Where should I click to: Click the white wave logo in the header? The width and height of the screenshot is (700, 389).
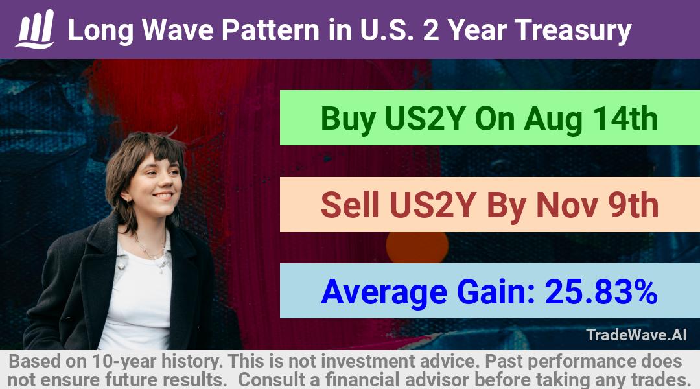pyautogui.click(x=35, y=29)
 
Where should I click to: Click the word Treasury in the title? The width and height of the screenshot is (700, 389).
pyautogui.click(x=573, y=31)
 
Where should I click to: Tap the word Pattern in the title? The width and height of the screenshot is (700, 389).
pyautogui.click(x=270, y=30)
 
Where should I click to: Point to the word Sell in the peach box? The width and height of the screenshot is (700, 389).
pyautogui.click(x=349, y=205)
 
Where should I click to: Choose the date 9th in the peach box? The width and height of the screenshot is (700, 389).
pyautogui.click(x=633, y=205)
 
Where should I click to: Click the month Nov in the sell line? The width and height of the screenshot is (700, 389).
pyautogui.click(x=567, y=206)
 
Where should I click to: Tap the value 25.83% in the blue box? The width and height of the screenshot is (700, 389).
pyautogui.click(x=601, y=292)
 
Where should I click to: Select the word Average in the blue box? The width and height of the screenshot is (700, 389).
pyautogui.click(x=384, y=293)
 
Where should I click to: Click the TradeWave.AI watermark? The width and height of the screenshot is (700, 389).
pyautogui.click(x=636, y=335)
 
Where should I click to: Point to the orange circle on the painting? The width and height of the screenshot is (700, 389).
pyautogui.click(x=417, y=247)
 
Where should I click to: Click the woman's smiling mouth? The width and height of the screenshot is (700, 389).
pyautogui.click(x=163, y=196)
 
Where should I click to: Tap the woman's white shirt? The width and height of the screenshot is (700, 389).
pyautogui.click(x=139, y=300)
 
